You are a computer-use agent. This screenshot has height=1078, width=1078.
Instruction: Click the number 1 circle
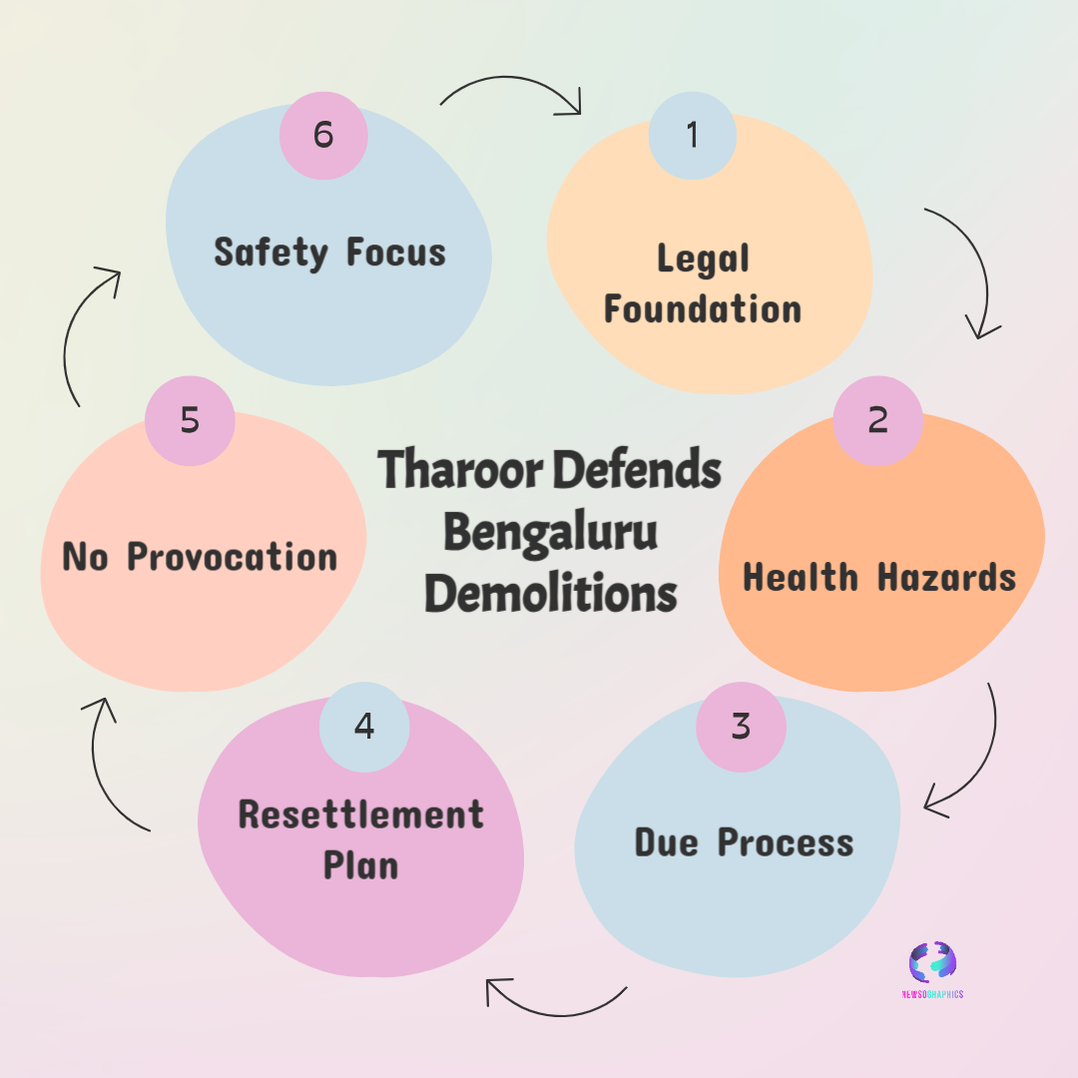[x=693, y=136]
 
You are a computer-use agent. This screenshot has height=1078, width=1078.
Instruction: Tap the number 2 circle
[x=877, y=420]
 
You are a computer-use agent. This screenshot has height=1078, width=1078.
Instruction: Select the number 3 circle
[x=741, y=727]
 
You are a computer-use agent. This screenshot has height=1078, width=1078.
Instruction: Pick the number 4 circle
[x=364, y=726]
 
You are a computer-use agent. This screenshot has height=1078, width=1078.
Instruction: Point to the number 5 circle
[x=190, y=420]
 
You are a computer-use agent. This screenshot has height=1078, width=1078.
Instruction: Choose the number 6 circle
[x=323, y=135]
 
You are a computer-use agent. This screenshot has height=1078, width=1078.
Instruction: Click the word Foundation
[x=703, y=308]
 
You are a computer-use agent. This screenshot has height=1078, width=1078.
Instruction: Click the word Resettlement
[x=361, y=814]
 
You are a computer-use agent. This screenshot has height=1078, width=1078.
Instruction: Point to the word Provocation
[x=233, y=557]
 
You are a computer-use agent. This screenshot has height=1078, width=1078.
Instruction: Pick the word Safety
[x=270, y=252]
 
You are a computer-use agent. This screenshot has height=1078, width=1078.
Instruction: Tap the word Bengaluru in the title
[x=550, y=532]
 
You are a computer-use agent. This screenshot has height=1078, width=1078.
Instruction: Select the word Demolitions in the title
[x=551, y=594]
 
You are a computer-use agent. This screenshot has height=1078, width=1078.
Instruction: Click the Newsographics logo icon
[x=932, y=962]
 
